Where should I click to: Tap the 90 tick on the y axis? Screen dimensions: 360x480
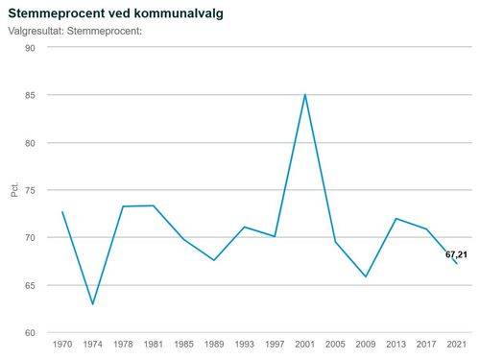[x=31, y=48]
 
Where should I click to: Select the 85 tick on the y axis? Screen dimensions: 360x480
[x=31, y=95]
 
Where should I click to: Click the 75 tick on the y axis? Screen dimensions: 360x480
[x=31, y=190]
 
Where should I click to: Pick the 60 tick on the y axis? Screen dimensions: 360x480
[x=31, y=332]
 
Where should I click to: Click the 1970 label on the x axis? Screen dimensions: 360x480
[x=62, y=344]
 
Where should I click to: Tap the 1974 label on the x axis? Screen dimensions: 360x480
[x=92, y=344]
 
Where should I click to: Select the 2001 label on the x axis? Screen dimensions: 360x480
[x=305, y=344]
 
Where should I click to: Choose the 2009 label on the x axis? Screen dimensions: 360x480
[x=366, y=344]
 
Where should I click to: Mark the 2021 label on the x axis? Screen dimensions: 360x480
[x=456, y=344]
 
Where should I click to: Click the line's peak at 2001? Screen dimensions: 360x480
[x=305, y=94]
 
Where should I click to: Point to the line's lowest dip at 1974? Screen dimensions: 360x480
[x=92, y=304]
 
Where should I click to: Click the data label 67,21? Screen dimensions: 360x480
[x=456, y=254]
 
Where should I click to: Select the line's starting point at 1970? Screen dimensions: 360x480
[x=62, y=212]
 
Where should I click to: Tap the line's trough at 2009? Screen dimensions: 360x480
[x=366, y=276]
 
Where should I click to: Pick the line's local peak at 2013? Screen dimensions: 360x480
[x=396, y=219]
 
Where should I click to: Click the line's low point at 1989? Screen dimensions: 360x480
[x=214, y=260]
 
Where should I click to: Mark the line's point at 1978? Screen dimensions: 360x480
[x=123, y=206]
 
